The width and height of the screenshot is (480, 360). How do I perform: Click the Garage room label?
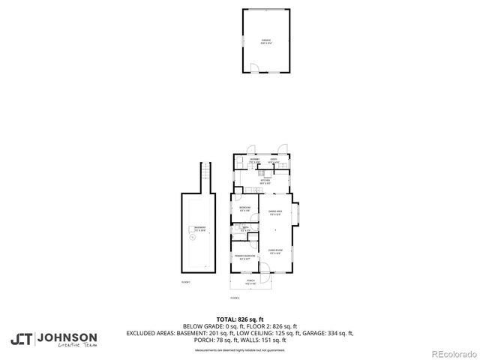[265, 40]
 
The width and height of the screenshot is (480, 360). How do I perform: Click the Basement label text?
[200, 228]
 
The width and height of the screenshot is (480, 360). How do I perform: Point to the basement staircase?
[201, 178]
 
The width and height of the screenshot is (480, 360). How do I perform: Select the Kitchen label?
[265, 181]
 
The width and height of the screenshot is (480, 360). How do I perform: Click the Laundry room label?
[254, 160]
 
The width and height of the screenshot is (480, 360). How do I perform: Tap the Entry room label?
[274, 160]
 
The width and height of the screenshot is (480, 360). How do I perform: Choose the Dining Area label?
[275, 212]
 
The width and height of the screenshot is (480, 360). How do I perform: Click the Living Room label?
[275, 251]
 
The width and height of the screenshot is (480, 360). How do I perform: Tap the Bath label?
[245, 228]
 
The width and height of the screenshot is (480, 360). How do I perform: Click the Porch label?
[251, 283]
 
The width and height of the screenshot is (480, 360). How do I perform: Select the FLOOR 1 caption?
[186, 281]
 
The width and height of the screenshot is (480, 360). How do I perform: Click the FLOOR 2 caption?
[234, 298]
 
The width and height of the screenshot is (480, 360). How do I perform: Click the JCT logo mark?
[22, 338]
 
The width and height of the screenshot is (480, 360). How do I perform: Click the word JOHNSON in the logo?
[67, 337]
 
